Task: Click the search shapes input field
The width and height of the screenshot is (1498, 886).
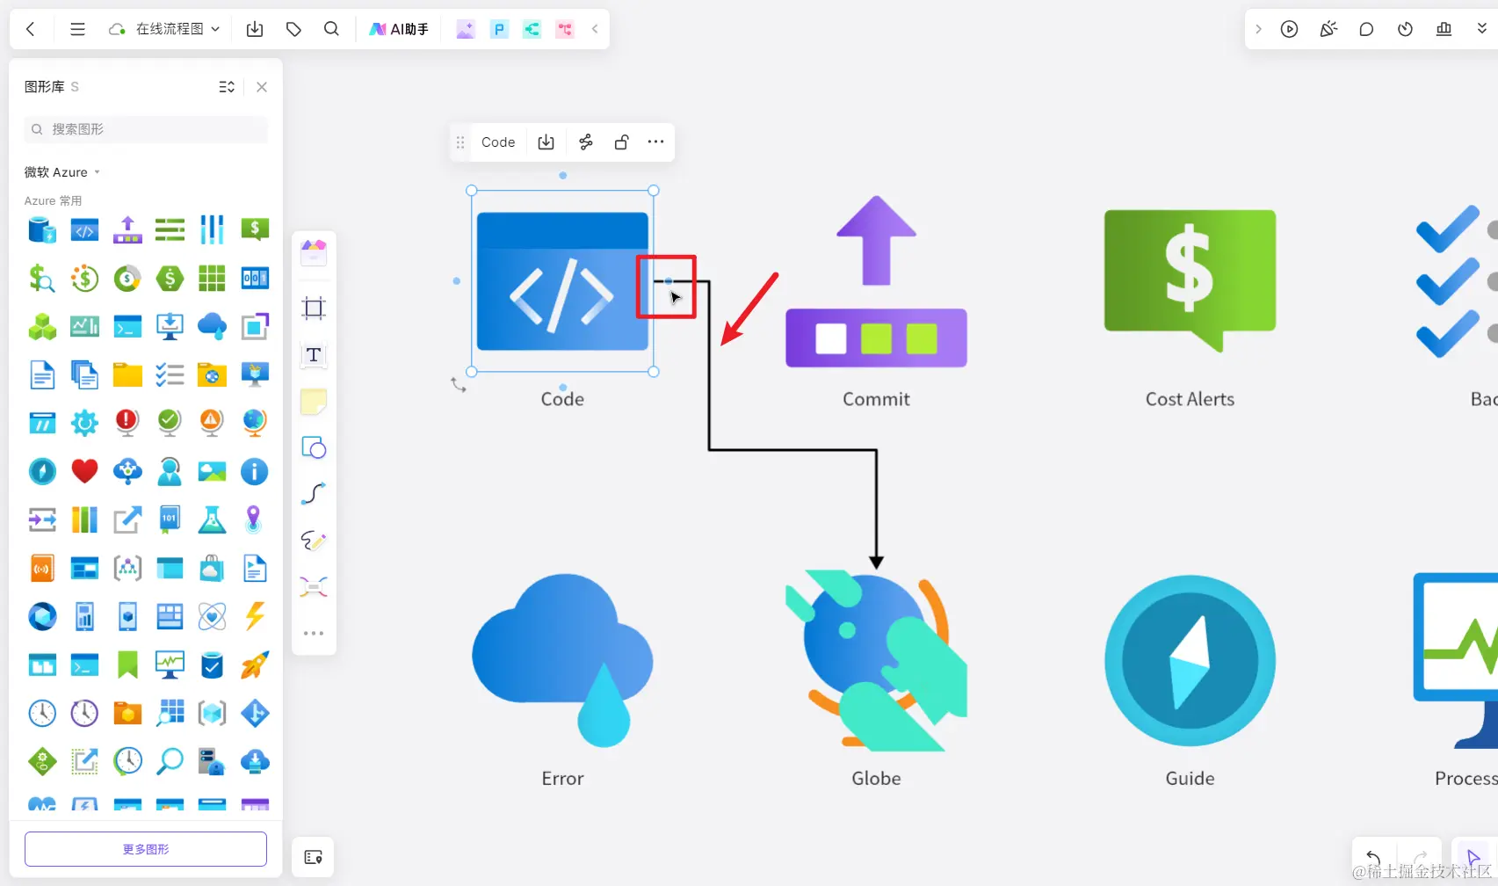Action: coord(146,129)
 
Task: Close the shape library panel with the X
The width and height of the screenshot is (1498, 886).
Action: coord(262,87)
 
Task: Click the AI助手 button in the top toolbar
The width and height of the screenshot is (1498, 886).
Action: coord(399,29)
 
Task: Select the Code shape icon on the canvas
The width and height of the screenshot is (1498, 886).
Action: coord(562,281)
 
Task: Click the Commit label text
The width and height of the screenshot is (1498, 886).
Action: coord(876,399)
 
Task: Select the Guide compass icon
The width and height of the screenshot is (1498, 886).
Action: coord(1190,660)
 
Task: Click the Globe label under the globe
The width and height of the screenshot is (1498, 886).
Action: coord(876,779)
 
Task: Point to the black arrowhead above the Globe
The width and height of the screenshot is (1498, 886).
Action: coord(876,562)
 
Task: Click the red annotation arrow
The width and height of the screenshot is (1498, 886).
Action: coord(749,309)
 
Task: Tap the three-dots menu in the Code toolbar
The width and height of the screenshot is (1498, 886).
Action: coord(655,142)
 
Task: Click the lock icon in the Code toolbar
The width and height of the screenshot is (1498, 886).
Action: coord(621,142)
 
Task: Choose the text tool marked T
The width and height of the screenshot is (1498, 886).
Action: coord(314,355)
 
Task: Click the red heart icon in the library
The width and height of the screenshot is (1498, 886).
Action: coord(84,471)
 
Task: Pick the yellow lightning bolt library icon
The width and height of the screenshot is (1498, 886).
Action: coord(255,616)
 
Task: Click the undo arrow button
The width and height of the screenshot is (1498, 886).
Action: coord(1373,857)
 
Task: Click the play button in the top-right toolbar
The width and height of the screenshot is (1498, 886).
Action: coord(1289,29)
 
